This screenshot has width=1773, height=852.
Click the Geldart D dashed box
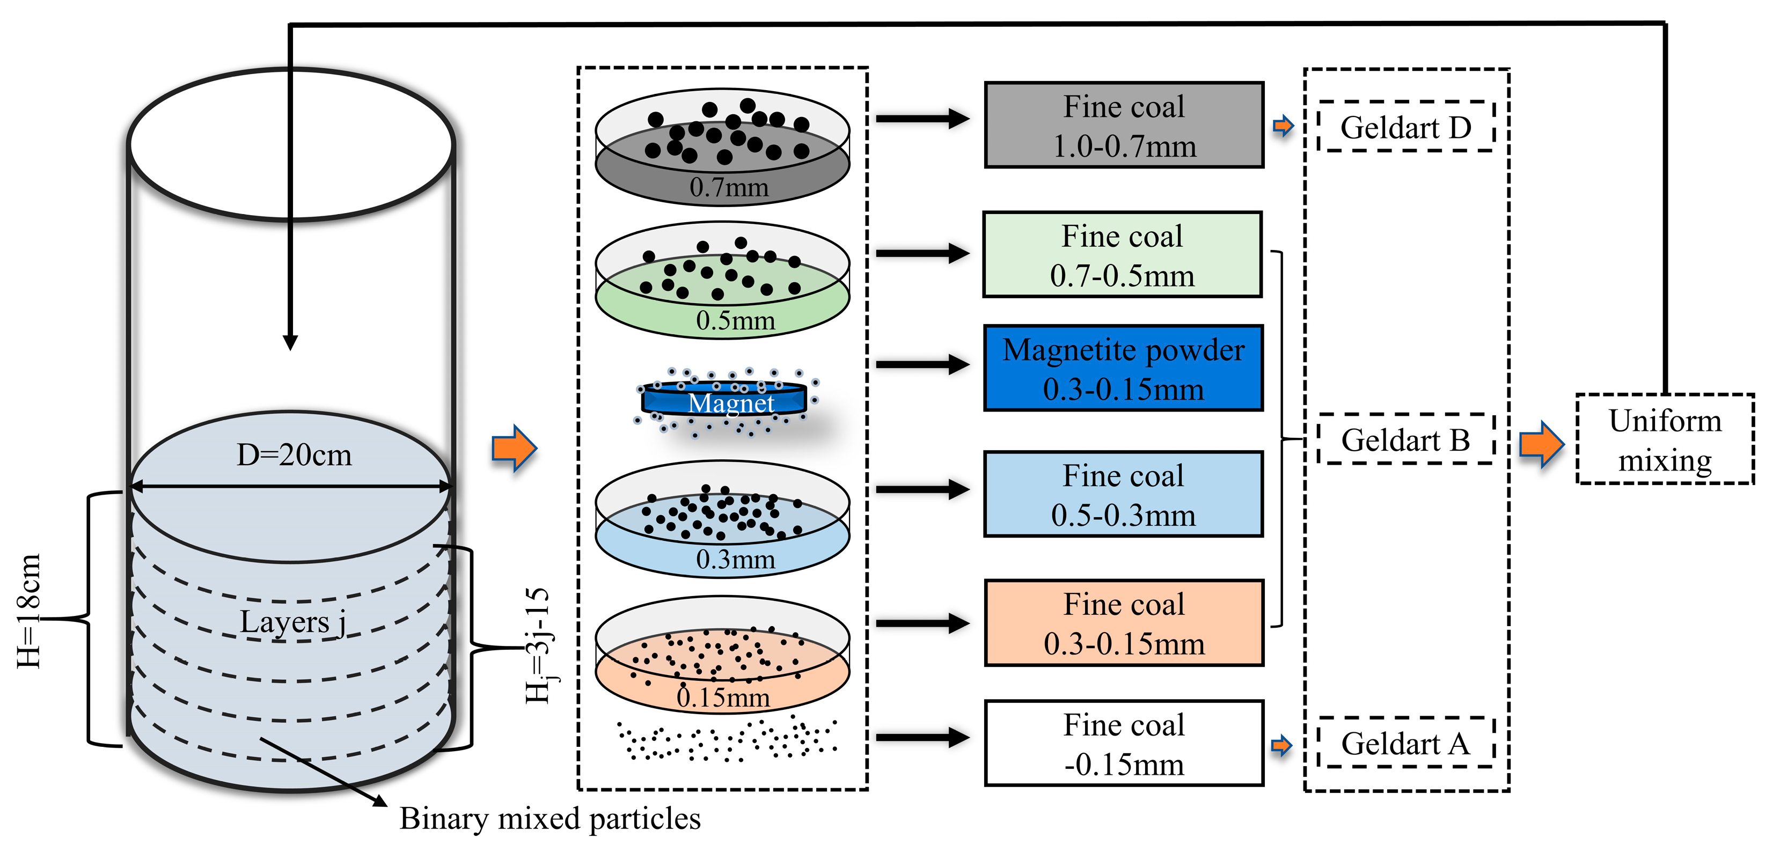(x=1405, y=126)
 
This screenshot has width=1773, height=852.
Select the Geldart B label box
(x=1405, y=439)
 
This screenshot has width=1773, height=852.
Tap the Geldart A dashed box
(x=1405, y=743)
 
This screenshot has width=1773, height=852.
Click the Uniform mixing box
(x=1664, y=439)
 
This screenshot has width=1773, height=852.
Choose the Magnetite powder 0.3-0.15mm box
(x=1123, y=368)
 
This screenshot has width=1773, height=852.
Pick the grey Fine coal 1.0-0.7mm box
(x=1124, y=125)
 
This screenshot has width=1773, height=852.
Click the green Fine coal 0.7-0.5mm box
(x=1122, y=255)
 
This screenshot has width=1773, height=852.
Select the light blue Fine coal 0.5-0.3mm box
(x=1123, y=494)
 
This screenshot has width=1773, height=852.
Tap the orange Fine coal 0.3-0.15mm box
(x=1124, y=623)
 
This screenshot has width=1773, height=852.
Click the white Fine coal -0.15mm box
(x=1124, y=743)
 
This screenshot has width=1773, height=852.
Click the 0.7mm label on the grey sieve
(x=729, y=187)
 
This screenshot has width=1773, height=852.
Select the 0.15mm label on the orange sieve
(x=723, y=697)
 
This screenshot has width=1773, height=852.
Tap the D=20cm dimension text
(x=294, y=455)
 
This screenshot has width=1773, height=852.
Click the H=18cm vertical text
(x=29, y=611)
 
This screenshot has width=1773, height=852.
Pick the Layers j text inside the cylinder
(x=292, y=622)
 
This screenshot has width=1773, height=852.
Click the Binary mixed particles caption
(x=550, y=818)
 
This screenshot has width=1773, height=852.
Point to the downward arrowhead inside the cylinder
(x=290, y=342)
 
